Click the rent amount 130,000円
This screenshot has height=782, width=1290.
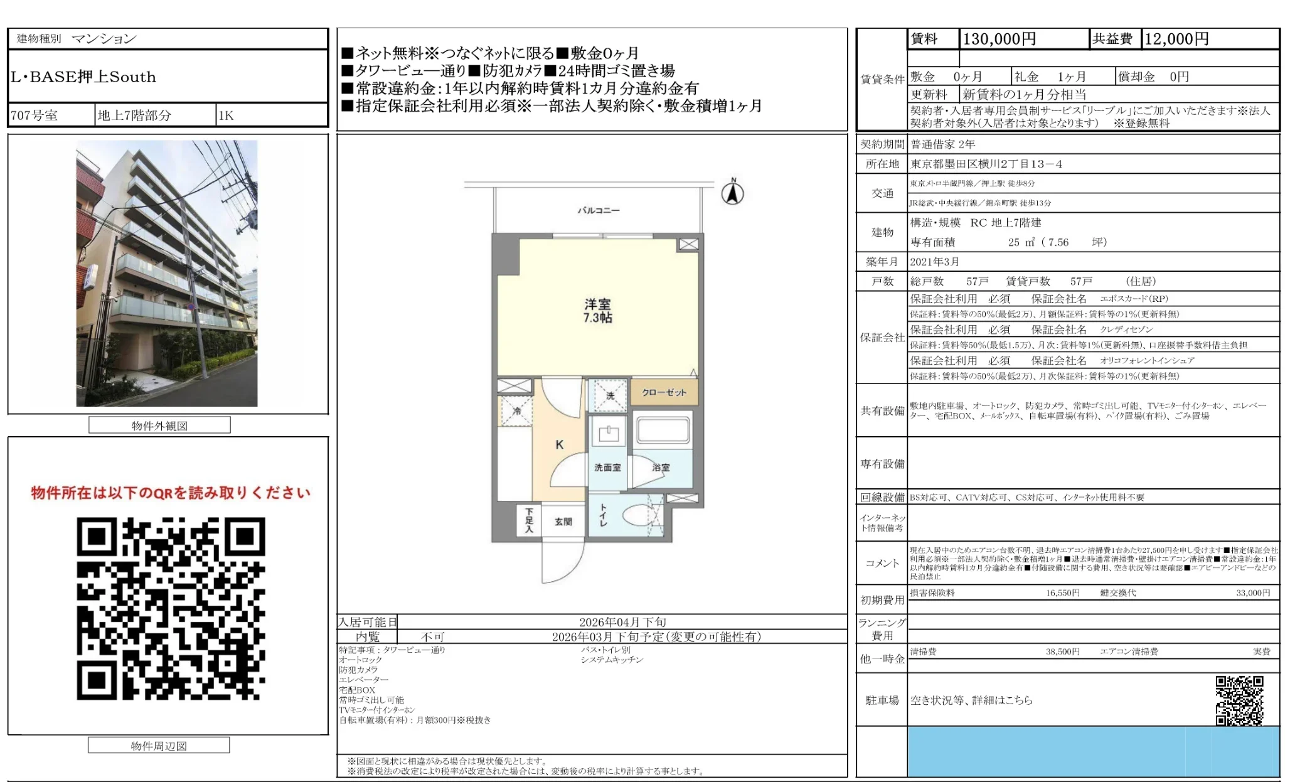999,39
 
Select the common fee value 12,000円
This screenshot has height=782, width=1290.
1176,39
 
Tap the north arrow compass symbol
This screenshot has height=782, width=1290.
732,192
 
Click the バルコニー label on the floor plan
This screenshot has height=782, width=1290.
598,210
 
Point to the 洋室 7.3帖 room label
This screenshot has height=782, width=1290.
597,311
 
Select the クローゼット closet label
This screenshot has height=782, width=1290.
664,392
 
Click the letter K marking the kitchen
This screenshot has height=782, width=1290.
559,444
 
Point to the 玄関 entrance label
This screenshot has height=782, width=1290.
563,521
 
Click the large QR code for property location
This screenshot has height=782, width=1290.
171,608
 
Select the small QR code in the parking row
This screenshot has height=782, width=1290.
1239,700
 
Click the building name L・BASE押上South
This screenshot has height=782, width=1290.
83,77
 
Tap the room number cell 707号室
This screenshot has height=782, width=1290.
35,115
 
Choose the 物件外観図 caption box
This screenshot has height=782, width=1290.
159,426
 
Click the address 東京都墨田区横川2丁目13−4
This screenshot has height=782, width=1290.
986,164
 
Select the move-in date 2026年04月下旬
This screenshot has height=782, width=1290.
622,622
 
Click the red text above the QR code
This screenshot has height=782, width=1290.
171,493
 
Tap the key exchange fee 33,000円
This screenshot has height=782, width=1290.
1252,592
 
